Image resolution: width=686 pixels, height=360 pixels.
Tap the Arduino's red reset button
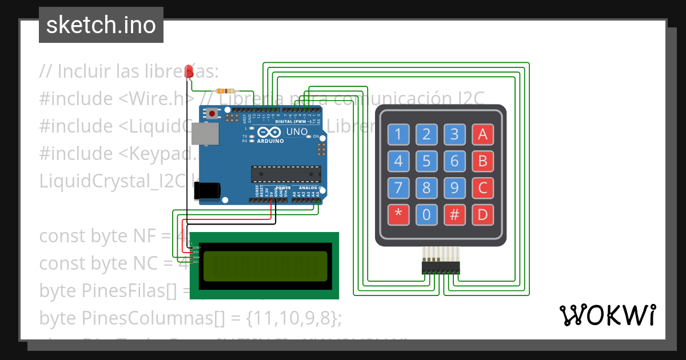[x=213, y=114]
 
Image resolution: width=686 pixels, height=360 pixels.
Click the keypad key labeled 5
[x=426, y=161]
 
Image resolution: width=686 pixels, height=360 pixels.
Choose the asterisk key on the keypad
[x=398, y=215]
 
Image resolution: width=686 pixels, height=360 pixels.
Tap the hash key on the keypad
[x=454, y=215]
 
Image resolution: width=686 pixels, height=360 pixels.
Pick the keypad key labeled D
[x=482, y=215]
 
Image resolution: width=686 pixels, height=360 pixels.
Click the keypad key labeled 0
[x=426, y=215]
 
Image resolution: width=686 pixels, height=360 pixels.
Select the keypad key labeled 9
[x=454, y=188]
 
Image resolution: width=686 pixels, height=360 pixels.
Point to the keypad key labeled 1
[x=398, y=135]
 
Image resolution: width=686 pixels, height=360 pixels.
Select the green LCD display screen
[x=265, y=266]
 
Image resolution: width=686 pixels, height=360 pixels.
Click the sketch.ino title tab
[x=101, y=25]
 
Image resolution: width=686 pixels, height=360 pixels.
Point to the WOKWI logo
[x=607, y=315]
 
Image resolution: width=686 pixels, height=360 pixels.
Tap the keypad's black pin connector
[x=441, y=267]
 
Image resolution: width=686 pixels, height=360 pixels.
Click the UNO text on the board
[x=297, y=132]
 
